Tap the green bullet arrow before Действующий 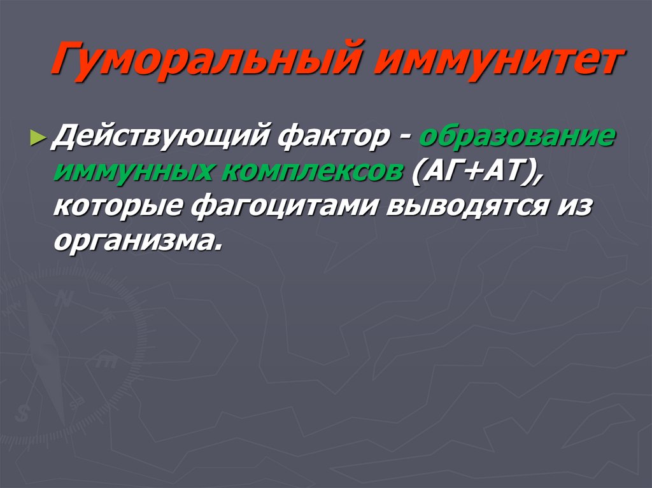click(38, 137)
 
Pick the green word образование click(516, 136)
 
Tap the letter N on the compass click(62, 298)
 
